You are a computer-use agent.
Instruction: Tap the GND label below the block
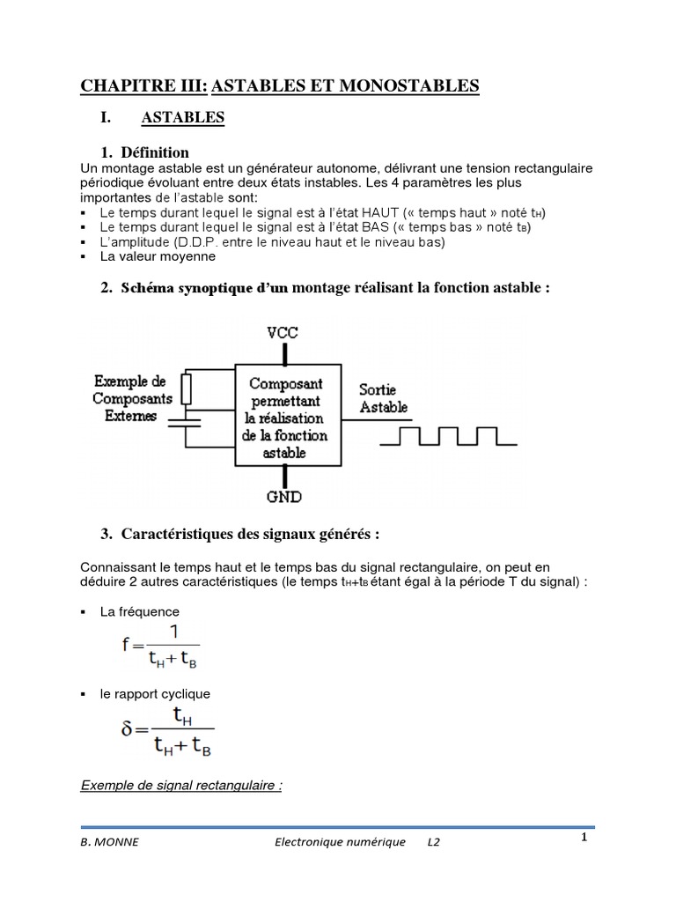pos(284,497)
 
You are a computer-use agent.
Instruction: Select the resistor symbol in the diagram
pos(186,387)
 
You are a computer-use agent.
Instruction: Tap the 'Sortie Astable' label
pos(384,397)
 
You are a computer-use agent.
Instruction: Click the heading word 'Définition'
pos(155,152)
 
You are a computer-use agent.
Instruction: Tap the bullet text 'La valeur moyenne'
pos(158,256)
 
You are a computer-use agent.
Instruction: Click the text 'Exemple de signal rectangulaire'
pos(180,785)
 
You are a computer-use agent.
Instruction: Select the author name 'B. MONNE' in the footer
pos(109,842)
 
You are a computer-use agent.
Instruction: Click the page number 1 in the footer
pos(584,837)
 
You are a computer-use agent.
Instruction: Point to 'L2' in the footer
pos(434,842)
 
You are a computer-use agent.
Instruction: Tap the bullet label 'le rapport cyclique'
pos(155,694)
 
